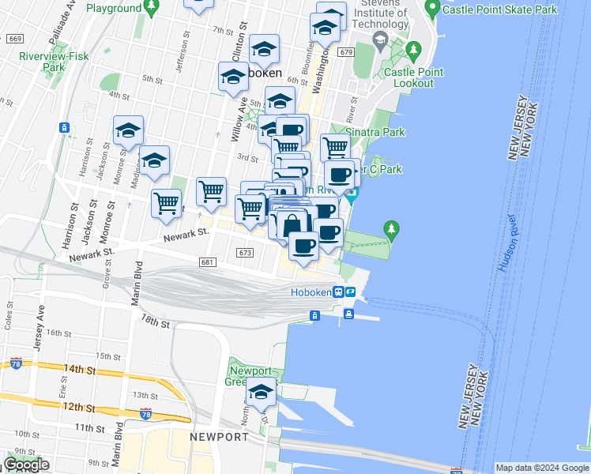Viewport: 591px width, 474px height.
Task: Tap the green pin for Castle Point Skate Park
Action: [x=432, y=9]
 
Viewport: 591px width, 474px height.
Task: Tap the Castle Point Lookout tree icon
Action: [x=412, y=51]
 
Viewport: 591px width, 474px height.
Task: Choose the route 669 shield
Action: [x=13, y=39]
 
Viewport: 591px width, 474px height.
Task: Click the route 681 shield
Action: [x=208, y=262]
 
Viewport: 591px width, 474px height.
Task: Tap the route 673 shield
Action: [x=244, y=252]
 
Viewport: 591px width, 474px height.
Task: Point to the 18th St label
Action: [x=155, y=322]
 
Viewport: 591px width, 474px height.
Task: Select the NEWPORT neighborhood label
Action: [x=219, y=437]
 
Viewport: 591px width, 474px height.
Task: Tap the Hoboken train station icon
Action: [x=338, y=292]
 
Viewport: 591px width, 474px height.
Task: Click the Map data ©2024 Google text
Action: [x=542, y=468]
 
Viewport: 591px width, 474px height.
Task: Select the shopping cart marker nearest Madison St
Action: [x=166, y=203]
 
